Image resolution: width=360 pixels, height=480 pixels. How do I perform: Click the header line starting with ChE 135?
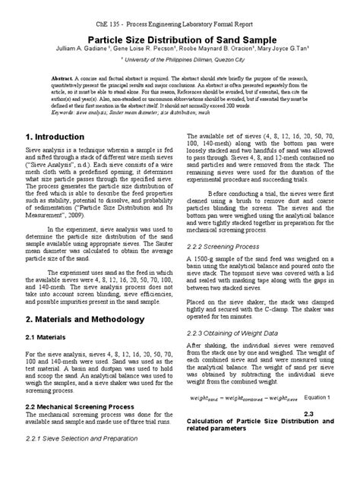[x=180, y=15]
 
